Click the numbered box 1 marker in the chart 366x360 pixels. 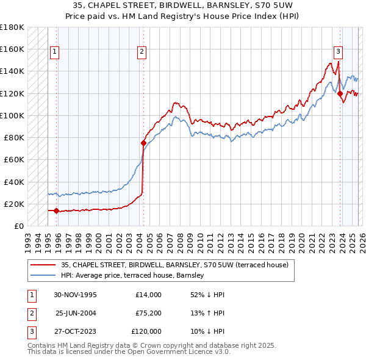[55, 52]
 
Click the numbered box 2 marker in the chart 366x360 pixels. [141, 52]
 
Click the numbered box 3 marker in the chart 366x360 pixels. [338, 52]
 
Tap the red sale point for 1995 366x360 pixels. [57, 211]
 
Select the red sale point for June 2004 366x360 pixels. [143, 143]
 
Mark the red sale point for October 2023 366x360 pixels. [340, 93]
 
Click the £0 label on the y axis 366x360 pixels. [18, 226]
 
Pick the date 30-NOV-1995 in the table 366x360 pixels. [76, 295]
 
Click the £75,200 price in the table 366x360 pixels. [148, 313]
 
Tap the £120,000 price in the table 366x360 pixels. [146, 331]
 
